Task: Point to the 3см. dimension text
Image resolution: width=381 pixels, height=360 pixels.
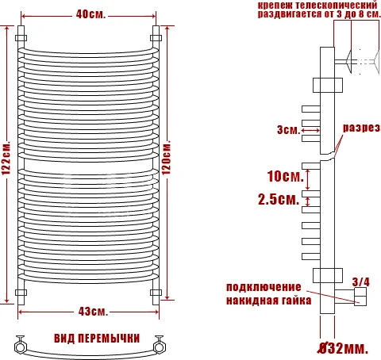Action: tap(288, 131)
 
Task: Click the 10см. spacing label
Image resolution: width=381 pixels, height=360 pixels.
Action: tap(283, 174)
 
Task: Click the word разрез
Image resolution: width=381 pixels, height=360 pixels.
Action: tap(359, 128)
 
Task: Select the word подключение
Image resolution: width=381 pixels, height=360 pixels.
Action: tap(264, 286)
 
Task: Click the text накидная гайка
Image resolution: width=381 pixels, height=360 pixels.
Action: tap(268, 301)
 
